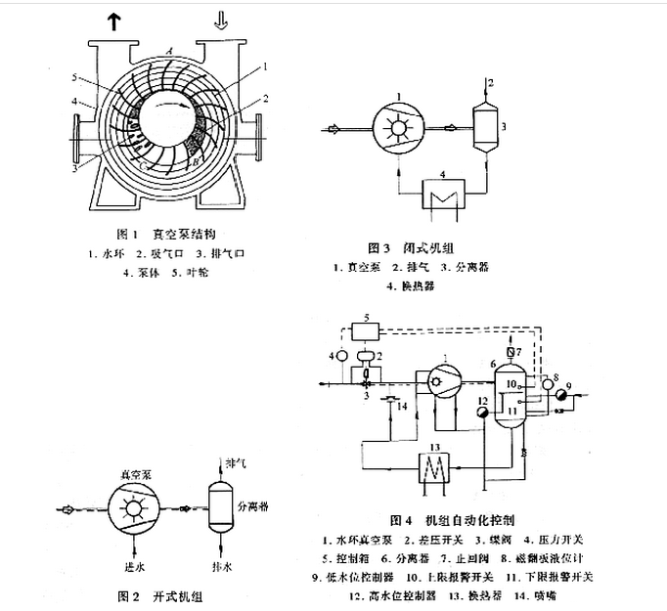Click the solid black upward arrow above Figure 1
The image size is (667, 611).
coord(115,22)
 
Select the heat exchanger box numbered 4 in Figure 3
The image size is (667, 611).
coord(444,190)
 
